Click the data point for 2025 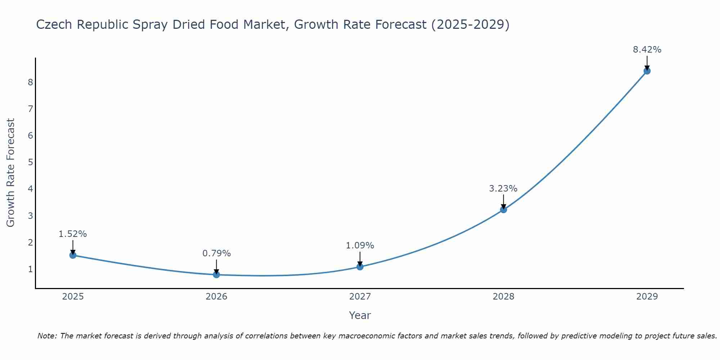tap(73, 255)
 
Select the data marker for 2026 tap(216, 275)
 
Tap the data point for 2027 tap(360, 267)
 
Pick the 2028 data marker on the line tap(503, 210)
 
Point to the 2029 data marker tap(647, 71)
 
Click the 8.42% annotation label tap(647, 50)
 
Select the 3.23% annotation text tap(503, 188)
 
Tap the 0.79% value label tap(216, 253)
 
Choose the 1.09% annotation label tap(360, 246)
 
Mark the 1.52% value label tap(73, 234)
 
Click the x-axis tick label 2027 tap(360, 297)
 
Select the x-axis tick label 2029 tap(647, 297)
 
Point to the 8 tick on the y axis tap(30, 82)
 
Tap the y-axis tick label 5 tap(30, 162)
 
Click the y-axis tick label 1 tap(30, 269)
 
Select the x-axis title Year tap(360, 315)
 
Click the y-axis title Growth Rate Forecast tap(11, 173)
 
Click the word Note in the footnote tap(46, 336)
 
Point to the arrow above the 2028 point tap(503, 202)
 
